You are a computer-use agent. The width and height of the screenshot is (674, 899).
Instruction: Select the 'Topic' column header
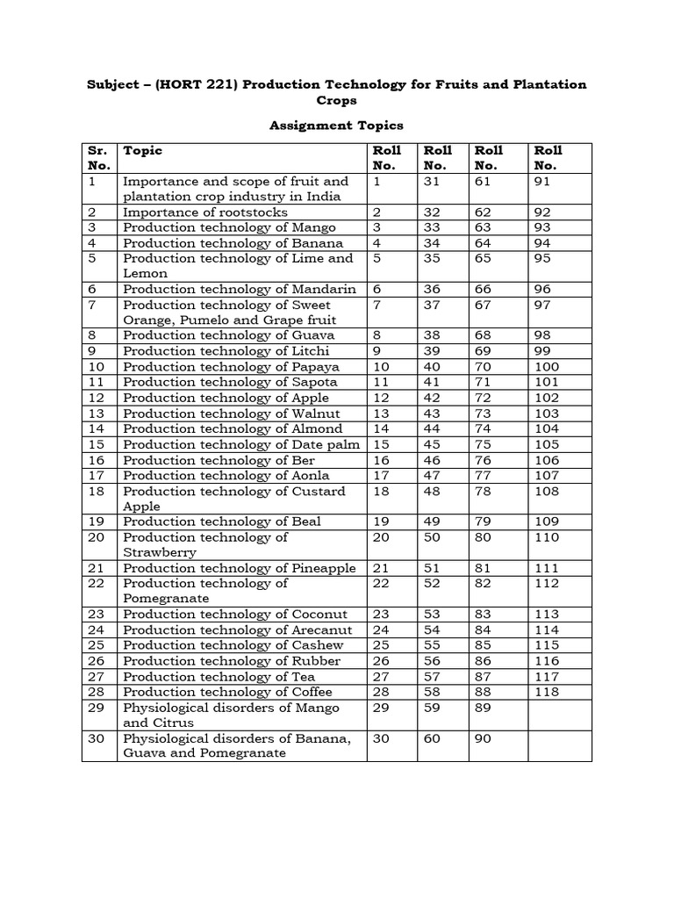coord(143,150)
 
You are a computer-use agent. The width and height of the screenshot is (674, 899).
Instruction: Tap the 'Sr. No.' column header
coord(98,158)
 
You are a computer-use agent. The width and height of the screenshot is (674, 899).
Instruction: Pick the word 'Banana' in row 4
coord(322,243)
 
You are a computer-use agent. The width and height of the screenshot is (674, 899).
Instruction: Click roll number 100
coord(549,367)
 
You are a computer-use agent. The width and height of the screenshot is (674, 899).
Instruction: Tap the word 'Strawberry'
coord(160,552)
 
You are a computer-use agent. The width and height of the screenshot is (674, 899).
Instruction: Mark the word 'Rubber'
coord(320,661)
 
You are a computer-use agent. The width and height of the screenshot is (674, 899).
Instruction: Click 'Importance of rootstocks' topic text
coord(205,212)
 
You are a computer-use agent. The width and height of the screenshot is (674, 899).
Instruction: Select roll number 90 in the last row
coord(484,738)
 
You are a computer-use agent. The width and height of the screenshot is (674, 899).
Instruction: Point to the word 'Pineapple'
coord(326,568)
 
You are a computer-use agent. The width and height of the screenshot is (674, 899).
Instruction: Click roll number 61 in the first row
coord(484,181)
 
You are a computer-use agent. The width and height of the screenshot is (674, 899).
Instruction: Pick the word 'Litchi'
coord(315,351)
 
